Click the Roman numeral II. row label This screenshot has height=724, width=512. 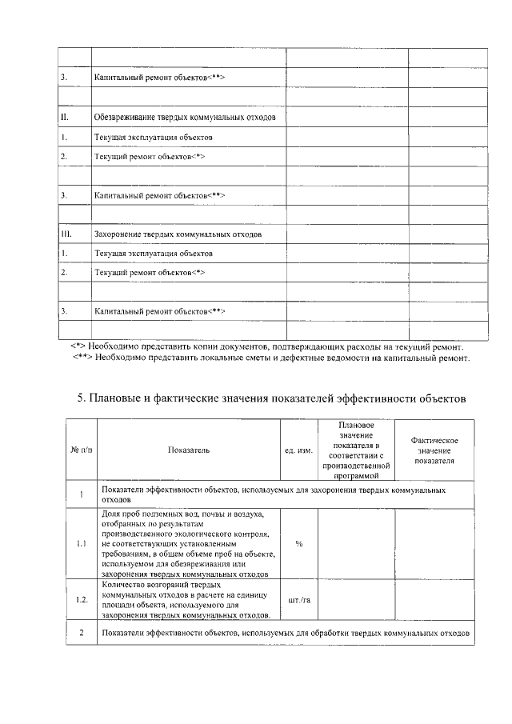coord(67,118)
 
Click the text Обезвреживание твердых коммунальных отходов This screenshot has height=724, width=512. coord(185,118)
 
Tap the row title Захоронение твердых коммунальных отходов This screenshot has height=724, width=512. coord(178,234)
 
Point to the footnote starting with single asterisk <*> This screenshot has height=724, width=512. coord(267,347)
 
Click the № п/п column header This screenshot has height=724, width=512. coord(81,450)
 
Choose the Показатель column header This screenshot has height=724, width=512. coord(190,450)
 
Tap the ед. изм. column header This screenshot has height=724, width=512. coord(298,450)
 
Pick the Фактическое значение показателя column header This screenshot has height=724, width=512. coord(434,450)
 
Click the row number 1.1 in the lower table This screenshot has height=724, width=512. coord(81,543)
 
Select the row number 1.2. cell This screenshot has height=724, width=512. coord(81,598)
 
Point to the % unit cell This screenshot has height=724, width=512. coord(298,543)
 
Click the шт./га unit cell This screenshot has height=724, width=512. coord(298,598)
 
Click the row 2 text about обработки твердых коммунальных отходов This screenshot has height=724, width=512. coord(286,634)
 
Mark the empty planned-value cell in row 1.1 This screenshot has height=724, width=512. coord(357,543)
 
